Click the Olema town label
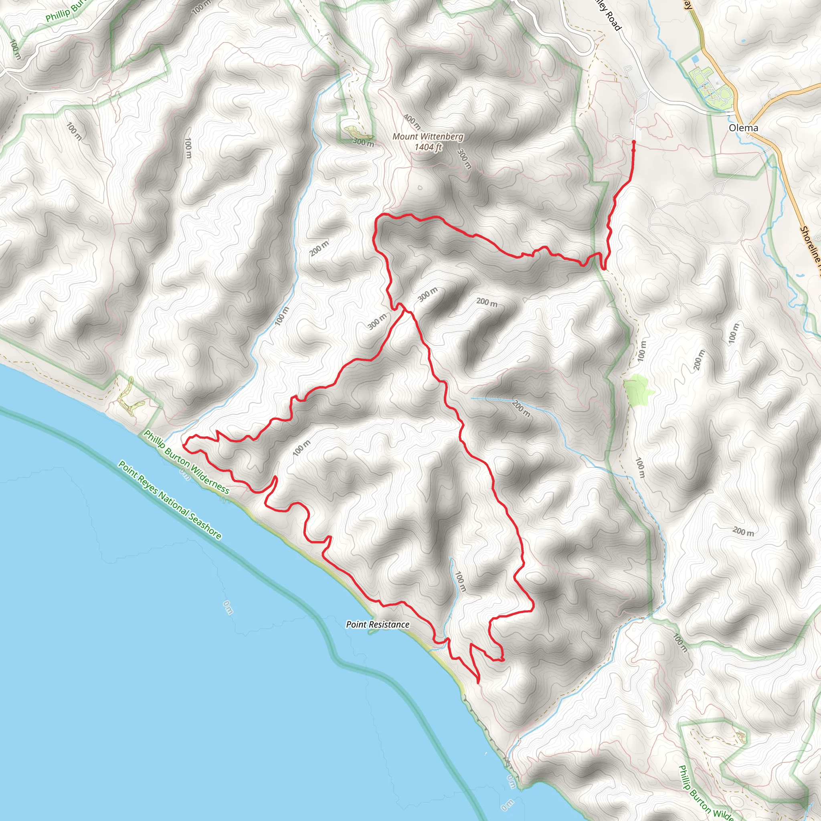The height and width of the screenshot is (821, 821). (743, 128)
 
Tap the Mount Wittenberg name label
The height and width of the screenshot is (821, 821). (427, 136)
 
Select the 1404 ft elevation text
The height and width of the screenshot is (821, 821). (429, 147)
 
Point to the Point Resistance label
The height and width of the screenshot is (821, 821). (377, 624)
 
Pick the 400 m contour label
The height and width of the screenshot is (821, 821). (412, 122)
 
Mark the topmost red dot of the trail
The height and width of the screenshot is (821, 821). (634, 142)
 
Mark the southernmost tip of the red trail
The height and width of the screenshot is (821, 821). (479, 682)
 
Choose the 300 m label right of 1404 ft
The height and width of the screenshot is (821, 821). (464, 158)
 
